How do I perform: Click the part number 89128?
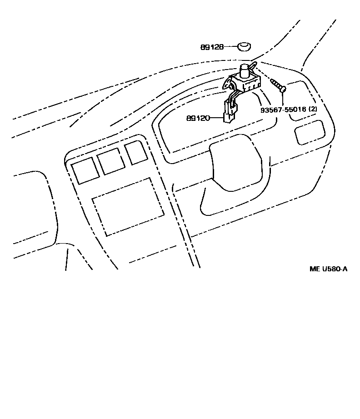coord(212,47)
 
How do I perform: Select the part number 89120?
coord(198,118)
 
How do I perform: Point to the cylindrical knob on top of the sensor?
coord(246,70)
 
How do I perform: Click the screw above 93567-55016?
coord(278,85)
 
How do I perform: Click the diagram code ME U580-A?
coord(328,269)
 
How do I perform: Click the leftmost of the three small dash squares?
coord(85,171)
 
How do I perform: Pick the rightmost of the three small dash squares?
coord(136,153)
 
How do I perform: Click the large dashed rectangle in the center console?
coord(128,207)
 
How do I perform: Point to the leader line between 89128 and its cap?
coord(231,47)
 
